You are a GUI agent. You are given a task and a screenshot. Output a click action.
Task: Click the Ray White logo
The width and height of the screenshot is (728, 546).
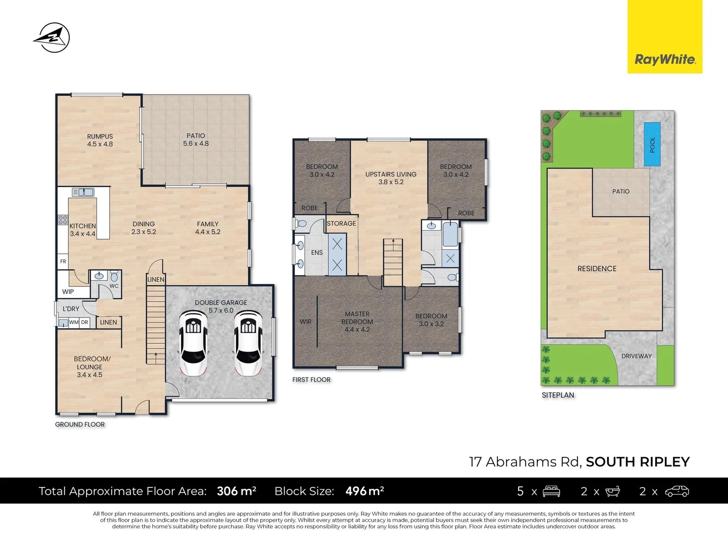(x=665, y=59)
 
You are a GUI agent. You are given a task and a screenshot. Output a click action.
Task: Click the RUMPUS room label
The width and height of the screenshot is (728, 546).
(x=100, y=136)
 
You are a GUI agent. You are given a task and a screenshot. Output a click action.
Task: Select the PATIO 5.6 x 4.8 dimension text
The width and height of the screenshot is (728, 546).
(x=196, y=144)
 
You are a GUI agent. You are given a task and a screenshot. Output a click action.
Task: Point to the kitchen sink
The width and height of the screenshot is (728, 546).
(x=83, y=192)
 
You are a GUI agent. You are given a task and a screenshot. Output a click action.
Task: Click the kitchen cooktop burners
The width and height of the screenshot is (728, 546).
(x=63, y=219)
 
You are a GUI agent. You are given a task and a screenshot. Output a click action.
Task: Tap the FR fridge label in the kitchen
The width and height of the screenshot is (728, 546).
(x=63, y=261)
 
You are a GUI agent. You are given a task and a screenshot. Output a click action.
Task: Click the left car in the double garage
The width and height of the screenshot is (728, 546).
(x=193, y=343)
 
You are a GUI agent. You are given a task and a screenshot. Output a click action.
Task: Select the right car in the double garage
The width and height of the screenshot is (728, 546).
(x=248, y=343)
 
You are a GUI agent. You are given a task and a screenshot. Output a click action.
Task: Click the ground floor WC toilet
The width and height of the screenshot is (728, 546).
(x=114, y=277)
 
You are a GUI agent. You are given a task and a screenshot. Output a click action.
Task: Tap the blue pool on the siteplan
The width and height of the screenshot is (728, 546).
(x=652, y=145)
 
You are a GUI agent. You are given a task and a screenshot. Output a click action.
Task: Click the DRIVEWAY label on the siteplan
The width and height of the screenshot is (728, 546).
(x=636, y=356)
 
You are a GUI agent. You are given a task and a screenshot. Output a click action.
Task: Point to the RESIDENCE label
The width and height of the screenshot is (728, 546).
(x=597, y=268)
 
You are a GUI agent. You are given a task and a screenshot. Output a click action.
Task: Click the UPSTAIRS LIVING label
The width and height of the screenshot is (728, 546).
(x=391, y=174)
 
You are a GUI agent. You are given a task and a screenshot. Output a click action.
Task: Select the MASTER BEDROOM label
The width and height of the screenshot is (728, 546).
(x=357, y=317)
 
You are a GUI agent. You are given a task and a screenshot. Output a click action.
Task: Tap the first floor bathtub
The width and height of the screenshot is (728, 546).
(x=450, y=234)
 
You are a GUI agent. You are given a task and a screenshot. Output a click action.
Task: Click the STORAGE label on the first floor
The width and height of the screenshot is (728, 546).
(x=341, y=223)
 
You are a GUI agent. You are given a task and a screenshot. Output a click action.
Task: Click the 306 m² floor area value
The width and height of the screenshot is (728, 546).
(x=236, y=491)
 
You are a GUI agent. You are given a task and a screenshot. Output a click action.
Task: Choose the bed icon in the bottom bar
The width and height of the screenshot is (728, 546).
(x=551, y=491)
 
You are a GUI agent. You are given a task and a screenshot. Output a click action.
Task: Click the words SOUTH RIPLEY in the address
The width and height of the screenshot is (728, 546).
(x=638, y=462)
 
